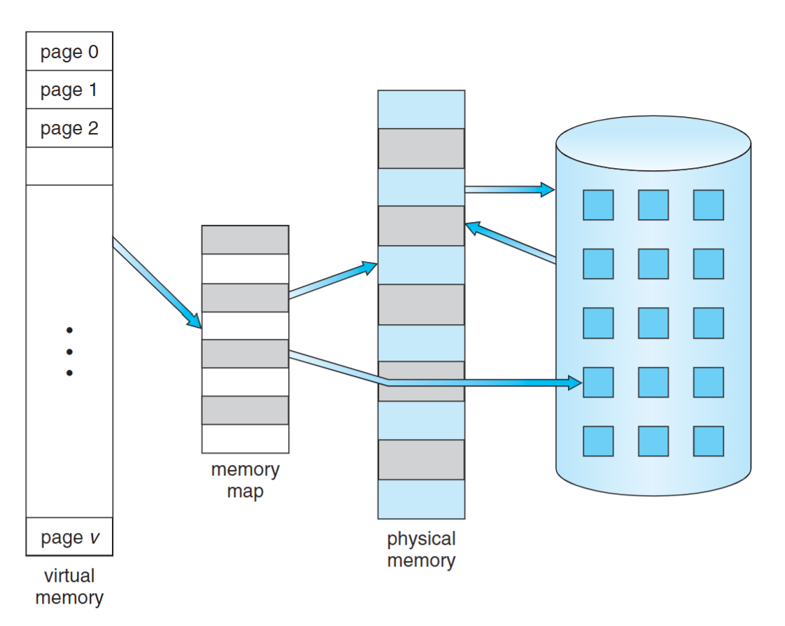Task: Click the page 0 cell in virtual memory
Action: pos(69,52)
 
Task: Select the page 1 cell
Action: pos(69,90)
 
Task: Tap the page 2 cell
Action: pos(69,129)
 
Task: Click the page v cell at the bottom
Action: pos(69,537)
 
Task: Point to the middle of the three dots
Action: pos(69,352)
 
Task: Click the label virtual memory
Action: pos(69,587)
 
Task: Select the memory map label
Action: pos(245,480)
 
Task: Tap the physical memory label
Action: pos(421,550)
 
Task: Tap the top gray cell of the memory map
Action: pos(245,240)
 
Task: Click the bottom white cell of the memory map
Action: pos(245,438)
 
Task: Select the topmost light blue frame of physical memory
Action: pos(421,109)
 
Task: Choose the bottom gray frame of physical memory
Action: pos(421,459)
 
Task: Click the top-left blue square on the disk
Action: pos(598,205)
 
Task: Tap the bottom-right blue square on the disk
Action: pos(708,441)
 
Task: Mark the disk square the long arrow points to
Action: pos(598,382)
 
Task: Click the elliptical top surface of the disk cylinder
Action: pos(653,145)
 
